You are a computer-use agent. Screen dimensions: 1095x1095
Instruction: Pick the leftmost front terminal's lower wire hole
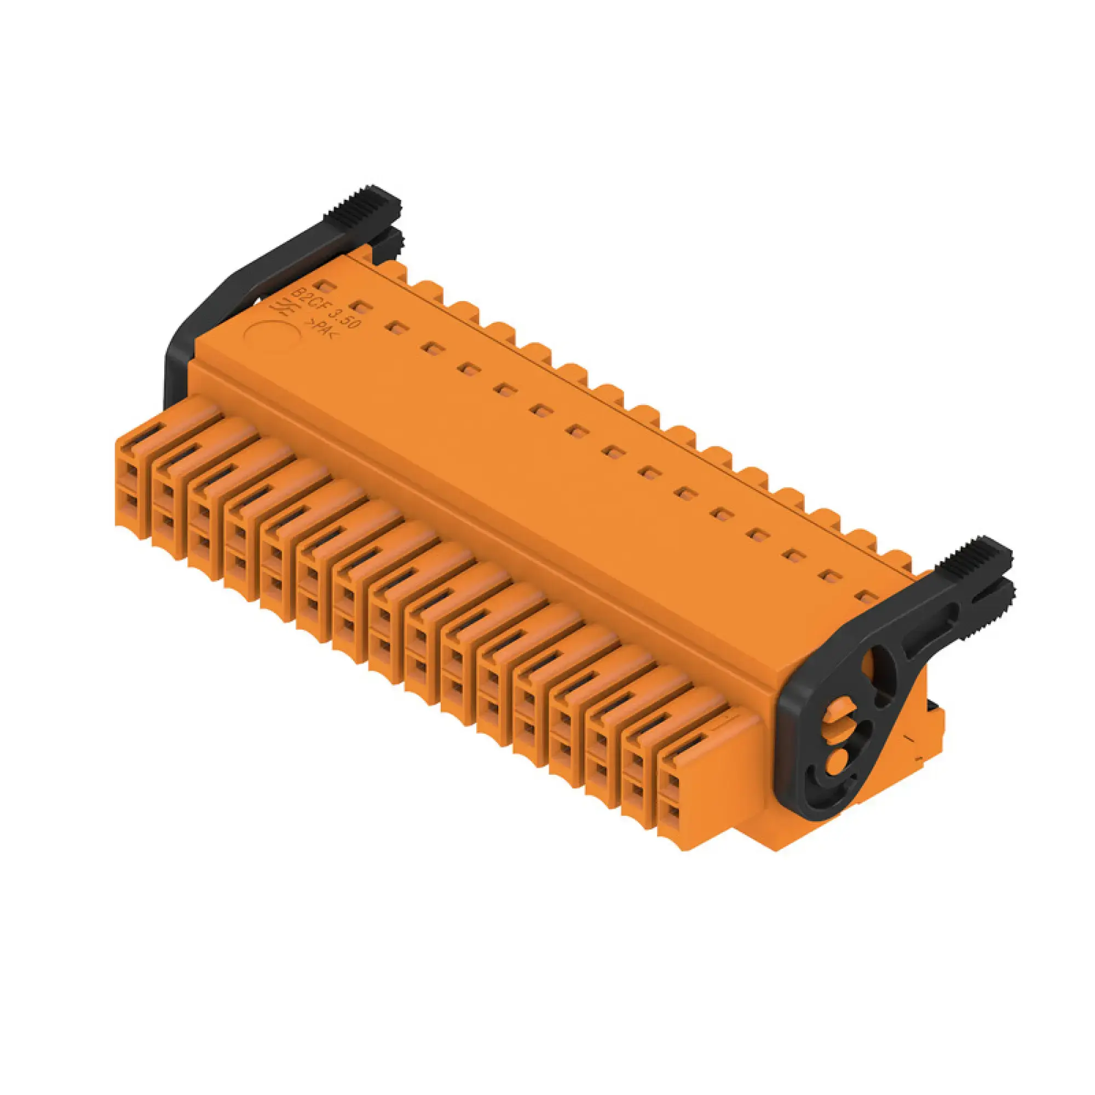tap(131, 503)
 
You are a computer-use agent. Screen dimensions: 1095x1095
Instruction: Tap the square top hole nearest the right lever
tap(866, 597)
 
